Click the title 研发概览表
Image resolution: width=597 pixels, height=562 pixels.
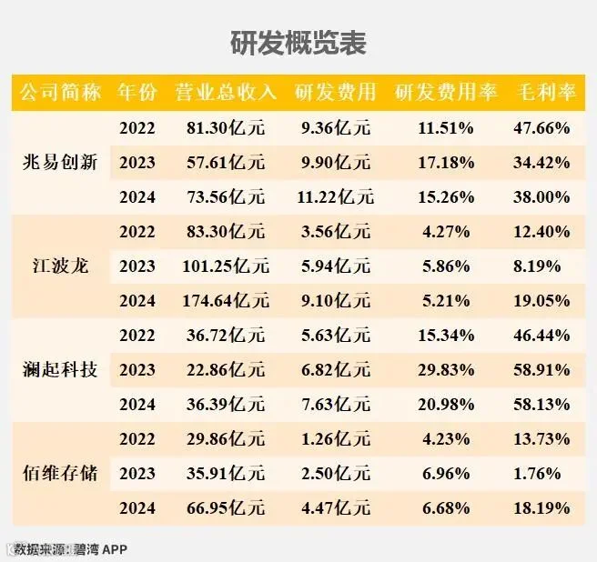298,43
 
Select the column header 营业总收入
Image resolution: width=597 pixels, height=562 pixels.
226,92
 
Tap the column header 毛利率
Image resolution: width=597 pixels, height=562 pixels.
546,92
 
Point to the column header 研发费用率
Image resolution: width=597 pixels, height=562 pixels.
446,92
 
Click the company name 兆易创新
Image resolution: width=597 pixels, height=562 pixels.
60,162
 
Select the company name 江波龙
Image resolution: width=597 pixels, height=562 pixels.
60,266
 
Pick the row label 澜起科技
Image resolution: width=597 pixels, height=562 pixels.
60,369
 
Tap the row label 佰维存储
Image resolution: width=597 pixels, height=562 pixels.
60,474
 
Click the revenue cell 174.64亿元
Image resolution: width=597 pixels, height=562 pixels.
226,301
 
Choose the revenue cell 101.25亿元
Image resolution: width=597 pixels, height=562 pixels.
226,266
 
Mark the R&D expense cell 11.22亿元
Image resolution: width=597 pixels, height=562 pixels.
336,196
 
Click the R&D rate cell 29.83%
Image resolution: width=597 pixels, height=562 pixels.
446,370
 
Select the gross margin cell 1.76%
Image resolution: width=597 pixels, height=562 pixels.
537,474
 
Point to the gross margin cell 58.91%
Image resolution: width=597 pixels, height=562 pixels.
541,370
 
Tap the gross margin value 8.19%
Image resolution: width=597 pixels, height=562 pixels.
537,266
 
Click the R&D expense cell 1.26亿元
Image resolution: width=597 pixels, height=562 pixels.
336,438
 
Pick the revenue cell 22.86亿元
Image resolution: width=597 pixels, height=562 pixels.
226,369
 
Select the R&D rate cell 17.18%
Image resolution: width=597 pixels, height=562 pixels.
446,163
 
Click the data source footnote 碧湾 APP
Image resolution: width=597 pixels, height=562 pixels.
100,549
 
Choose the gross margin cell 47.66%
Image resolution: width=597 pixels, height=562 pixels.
541,128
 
